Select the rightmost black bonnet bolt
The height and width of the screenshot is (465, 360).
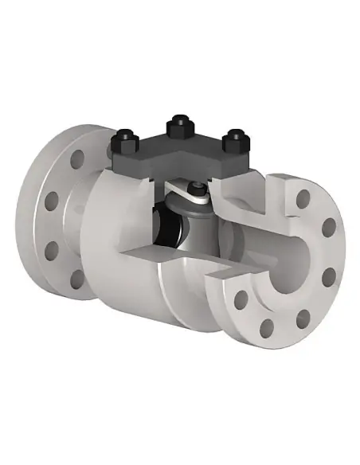point(233,143)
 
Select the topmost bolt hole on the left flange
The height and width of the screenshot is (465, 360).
point(77,159)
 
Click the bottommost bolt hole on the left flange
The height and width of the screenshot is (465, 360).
point(77,279)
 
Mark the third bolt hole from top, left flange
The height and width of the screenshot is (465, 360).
point(53,250)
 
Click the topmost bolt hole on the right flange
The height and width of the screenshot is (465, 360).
point(303,198)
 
